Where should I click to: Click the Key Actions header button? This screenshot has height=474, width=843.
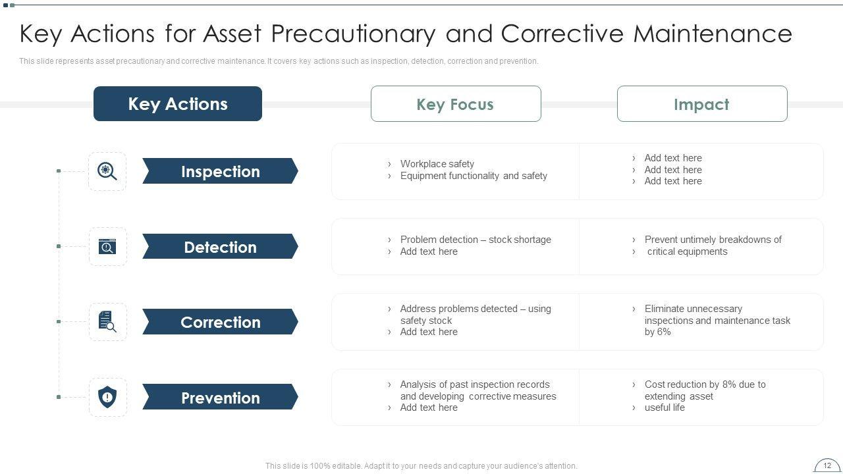178,103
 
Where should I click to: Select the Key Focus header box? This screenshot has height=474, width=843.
456,104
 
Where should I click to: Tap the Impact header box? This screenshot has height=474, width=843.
702,104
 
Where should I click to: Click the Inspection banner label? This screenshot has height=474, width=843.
220,171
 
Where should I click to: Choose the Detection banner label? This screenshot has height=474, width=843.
220,247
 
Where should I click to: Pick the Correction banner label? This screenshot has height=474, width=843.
220,322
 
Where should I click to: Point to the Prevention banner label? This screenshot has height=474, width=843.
220,397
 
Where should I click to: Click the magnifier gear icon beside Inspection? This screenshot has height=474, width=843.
107,171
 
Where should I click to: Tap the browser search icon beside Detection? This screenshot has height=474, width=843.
107,246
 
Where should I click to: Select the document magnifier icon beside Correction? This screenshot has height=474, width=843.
107,322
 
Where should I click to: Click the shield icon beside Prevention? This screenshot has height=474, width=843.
107,397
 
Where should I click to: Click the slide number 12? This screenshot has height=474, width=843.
827,465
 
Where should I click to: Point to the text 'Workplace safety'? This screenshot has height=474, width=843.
437,164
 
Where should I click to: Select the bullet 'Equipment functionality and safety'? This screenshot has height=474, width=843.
474,176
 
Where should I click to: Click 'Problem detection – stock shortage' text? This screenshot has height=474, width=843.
476,240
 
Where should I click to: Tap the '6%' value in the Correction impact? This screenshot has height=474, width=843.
664,332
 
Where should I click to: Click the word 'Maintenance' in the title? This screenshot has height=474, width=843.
713,34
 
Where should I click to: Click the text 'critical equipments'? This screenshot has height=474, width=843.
687,251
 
